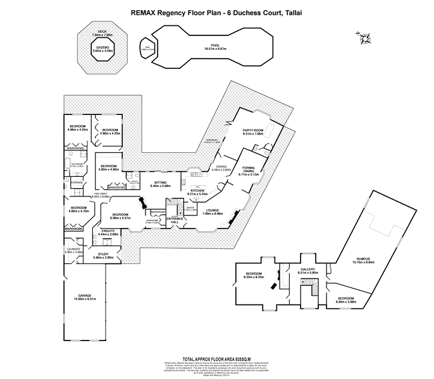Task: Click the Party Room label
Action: tap(252, 131)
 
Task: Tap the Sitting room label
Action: tap(161, 184)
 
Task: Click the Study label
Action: tap(103, 255)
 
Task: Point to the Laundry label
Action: tap(73, 251)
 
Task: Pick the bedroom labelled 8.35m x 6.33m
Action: tap(254, 274)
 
